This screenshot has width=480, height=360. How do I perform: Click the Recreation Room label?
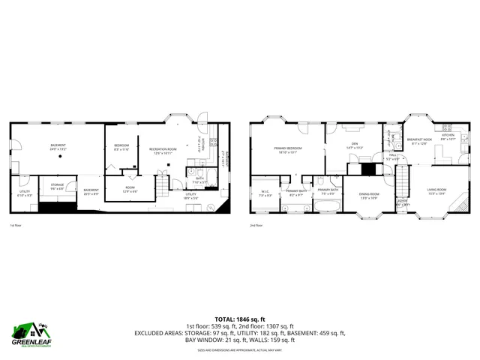[x=162, y=150]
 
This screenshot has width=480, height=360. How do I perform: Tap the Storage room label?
[x=57, y=185]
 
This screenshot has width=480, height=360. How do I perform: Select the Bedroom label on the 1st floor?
[x=121, y=147]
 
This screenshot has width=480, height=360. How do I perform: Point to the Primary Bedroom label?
[x=287, y=149]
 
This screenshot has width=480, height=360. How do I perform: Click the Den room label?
[x=354, y=146]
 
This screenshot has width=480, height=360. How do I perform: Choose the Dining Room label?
[x=369, y=196]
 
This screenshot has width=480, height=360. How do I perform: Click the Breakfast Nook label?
[x=419, y=141]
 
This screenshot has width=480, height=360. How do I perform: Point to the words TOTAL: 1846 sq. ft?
[x=239, y=319]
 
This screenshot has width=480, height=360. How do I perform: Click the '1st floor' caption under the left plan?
[x=15, y=225]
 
